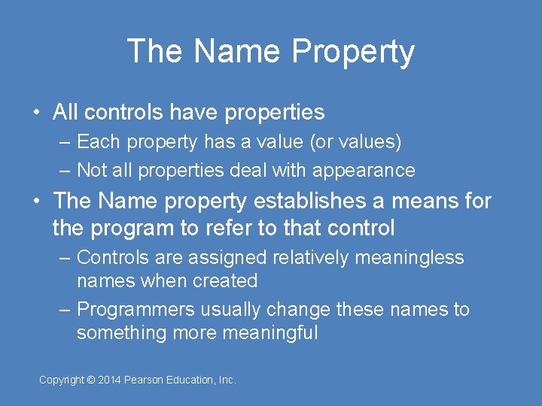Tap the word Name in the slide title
(x=236, y=51)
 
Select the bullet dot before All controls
(x=36, y=113)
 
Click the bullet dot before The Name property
(x=36, y=201)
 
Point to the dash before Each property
(x=65, y=142)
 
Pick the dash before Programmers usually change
(x=65, y=310)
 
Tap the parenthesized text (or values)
(x=356, y=142)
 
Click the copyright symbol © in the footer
(x=91, y=380)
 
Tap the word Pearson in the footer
(x=147, y=380)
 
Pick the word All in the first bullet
(x=65, y=113)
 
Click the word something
(x=122, y=333)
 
